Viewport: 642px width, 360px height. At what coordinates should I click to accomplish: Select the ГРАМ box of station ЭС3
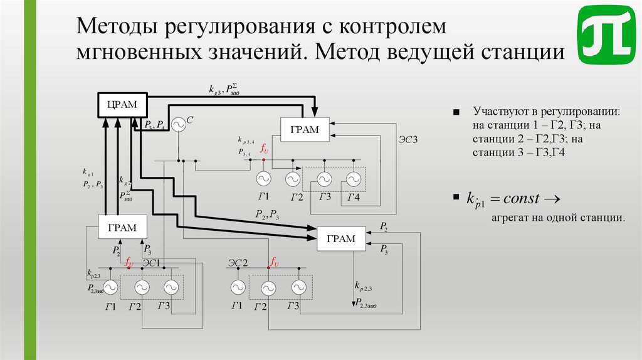point(304,130)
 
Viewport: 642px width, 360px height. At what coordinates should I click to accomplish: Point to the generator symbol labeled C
point(178,125)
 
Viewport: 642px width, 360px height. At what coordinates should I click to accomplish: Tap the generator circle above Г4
point(354,180)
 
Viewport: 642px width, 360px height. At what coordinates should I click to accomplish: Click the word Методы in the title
point(117,27)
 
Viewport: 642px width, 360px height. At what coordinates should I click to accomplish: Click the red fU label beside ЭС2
point(274,262)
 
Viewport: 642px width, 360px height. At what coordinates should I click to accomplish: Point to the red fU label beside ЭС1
point(130,262)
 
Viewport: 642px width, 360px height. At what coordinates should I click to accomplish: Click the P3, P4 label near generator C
point(154,124)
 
